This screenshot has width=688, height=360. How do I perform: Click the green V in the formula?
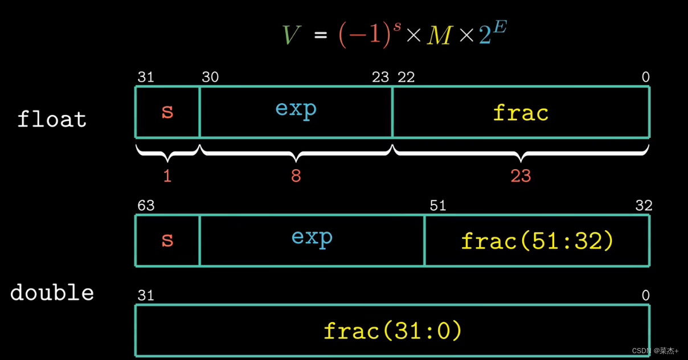click(291, 36)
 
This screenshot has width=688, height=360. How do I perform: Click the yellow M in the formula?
click(439, 36)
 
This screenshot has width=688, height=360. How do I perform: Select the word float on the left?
click(52, 120)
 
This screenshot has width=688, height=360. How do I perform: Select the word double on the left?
click(52, 293)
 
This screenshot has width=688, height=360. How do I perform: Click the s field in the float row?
click(167, 112)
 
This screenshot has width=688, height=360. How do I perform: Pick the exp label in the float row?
click(296, 108)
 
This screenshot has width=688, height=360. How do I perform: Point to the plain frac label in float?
click(521, 113)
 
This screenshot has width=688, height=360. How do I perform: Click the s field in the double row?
click(167, 240)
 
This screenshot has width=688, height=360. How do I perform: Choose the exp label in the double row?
click(312, 236)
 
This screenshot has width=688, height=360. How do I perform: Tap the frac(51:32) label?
click(537, 241)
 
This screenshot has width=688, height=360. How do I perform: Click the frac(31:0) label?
click(392, 330)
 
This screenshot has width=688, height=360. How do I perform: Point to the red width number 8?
click(296, 176)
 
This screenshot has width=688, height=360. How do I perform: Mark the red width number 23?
click(521, 176)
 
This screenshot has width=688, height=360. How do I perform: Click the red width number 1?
click(167, 176)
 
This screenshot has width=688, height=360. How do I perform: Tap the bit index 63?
click(146, 206)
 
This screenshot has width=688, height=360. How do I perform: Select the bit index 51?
click(437, 206)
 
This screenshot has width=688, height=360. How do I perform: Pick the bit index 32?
click(644, 206)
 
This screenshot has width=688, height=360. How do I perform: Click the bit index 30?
click(210, 77)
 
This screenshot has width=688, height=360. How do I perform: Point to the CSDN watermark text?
click(655, 351)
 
